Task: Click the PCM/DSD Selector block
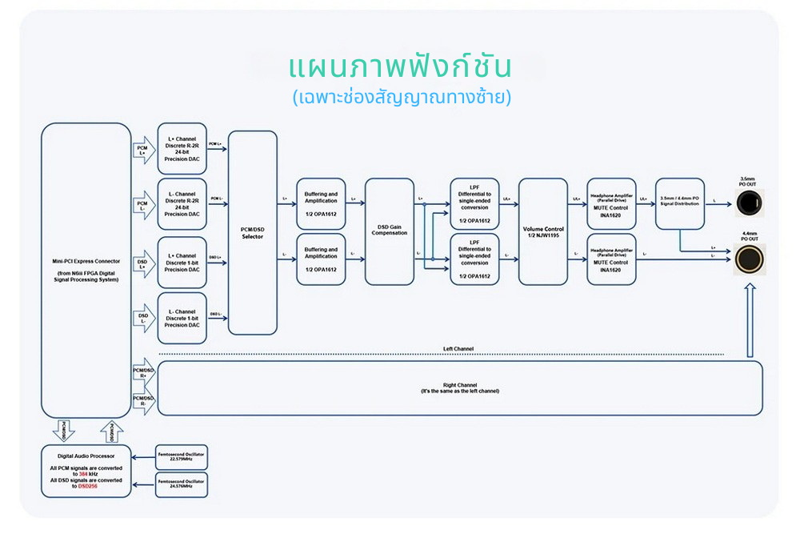[x=252, y=232]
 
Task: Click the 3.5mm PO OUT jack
[x=750, y=203]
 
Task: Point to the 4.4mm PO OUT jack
[x=750, y=259]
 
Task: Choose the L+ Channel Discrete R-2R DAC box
[x=182, y=149]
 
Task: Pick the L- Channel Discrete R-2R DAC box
[x=182, y=204]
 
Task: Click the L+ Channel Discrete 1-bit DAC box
[x=182, y=262]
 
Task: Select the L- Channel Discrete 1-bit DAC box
[x=182, y=318]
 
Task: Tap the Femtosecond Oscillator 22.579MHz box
[x=181, y=457]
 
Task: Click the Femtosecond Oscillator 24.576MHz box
[x=181, y=484]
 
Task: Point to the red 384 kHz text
[x=83, y=474]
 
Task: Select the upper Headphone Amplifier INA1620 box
[x=611, y=203]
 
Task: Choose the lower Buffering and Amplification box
[x=321, y=259]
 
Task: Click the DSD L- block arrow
[x=142, y=319]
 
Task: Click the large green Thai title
[x=400, y=66]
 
